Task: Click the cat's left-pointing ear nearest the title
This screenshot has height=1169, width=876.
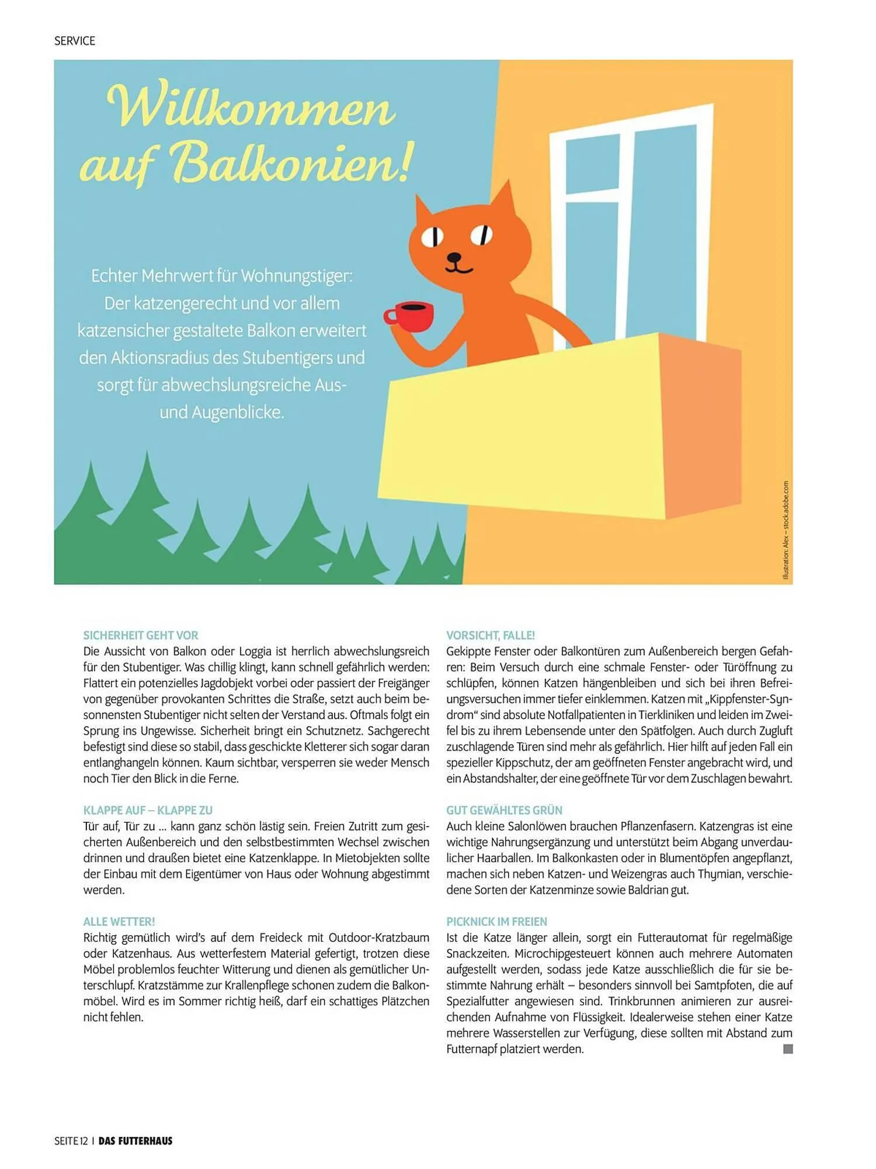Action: pos(424,211)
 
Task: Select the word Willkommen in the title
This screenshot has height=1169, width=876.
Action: pos(251,106)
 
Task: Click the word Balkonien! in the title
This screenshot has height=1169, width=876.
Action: pos(292,162)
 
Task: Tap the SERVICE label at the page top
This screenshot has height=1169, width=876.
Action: pos(74,41)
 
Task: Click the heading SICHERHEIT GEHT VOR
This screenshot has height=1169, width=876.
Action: pos(141,635)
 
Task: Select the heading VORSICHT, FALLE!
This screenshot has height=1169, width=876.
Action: pos(491,635)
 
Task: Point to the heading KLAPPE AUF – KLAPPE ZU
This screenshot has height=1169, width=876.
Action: pos(148,810)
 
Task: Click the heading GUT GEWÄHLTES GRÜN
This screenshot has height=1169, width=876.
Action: pos(505,810)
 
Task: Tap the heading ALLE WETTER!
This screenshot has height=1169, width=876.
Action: pos(119,922)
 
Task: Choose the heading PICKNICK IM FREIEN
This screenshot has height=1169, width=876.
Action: pos(497,922)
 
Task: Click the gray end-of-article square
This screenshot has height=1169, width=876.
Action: pos(788,1049)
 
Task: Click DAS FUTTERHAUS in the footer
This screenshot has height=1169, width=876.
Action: pos(135,1141)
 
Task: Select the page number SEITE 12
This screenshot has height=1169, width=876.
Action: pos(71,1141)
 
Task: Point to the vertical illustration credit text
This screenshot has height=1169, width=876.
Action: pos(785,531)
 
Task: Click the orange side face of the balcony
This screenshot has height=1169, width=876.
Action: pos(701,427)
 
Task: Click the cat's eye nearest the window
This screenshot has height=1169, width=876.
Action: pos(482,235)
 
